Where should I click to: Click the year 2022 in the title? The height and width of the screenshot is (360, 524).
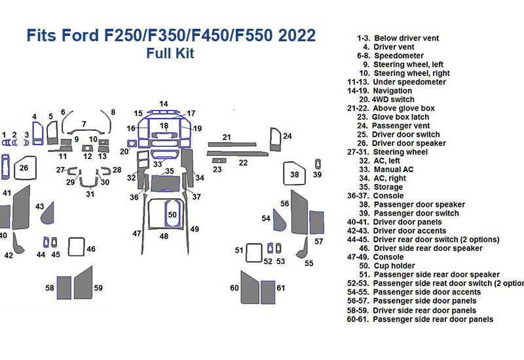point(295,35)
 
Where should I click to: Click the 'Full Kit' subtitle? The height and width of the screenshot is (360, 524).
point(170,54)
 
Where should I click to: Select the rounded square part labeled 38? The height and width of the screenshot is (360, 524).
point(294,175)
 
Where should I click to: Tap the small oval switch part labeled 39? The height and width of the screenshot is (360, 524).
point(318,164)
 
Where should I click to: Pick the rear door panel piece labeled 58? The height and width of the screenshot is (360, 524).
point(64,287)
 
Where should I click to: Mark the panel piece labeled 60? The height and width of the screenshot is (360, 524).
point(248,287)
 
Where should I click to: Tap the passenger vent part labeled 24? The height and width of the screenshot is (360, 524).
point(275,138)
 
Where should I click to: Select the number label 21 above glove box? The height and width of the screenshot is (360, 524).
point(227,137)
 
